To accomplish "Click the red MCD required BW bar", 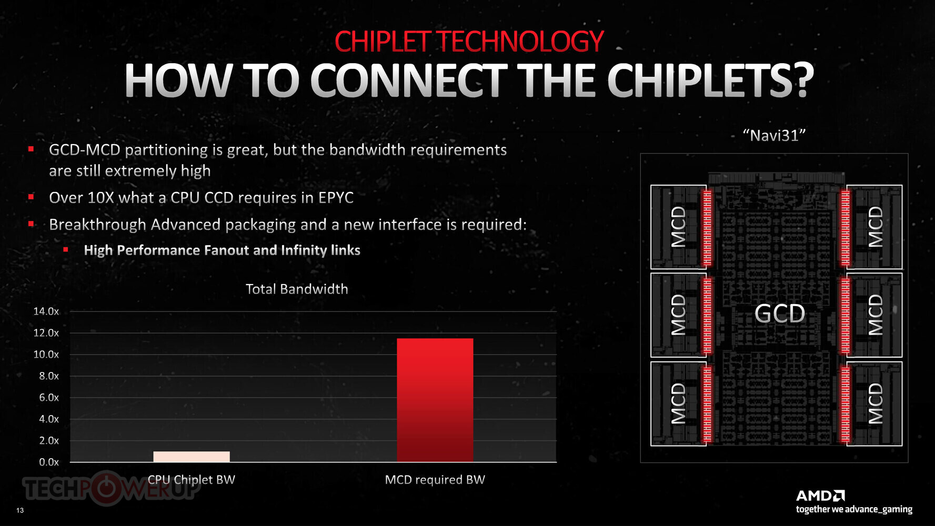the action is [x=435, y=400].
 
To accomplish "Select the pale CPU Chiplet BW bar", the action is [x=192, y=457].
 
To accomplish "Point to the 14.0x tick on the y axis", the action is [x=46, y=311].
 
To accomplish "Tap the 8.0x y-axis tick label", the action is [x=49, y=376].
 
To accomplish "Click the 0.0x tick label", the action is [x=49, y=462].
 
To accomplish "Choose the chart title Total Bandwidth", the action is [x=297, y=289].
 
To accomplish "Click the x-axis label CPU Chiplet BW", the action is [x=192, y=480].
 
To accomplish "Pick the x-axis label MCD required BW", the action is [x=435, y=480].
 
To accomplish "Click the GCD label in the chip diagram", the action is [x=780, y=314].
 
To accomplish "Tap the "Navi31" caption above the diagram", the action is [x=774, y=136].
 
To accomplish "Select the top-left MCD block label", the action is [x=679, y=227].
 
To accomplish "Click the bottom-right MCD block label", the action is [x=876, y=403].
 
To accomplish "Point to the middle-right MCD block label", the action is [x=876, y=315].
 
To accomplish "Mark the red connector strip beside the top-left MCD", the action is [x=707, y=227].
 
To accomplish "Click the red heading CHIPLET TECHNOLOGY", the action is [x=469, y=42].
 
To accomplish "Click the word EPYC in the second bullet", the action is [x=336, y=198].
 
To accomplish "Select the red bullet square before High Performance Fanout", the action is [x=66, y=249].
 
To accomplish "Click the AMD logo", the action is [x=820, y=495].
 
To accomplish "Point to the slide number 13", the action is [x=20, y=510].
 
